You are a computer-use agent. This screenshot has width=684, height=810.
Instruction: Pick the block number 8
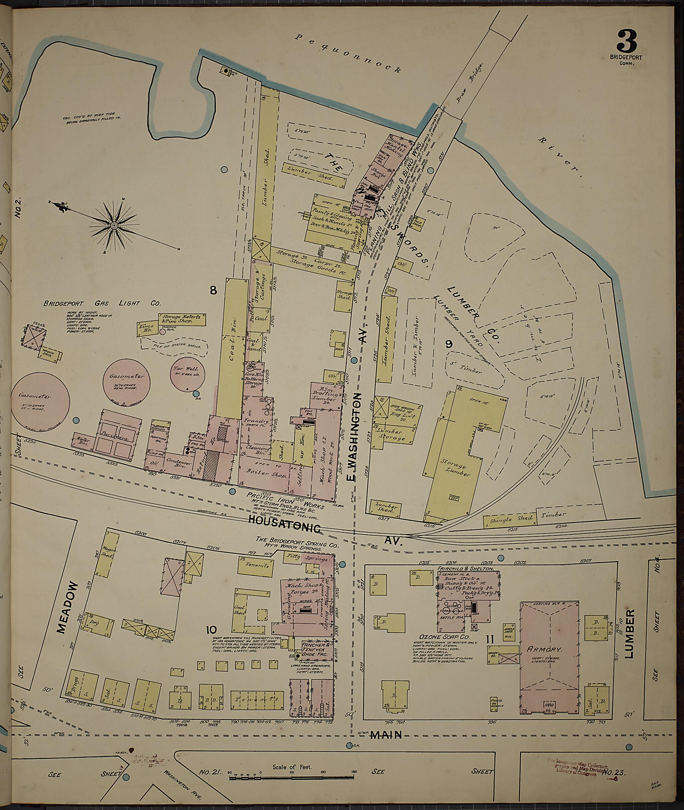coord(213,290)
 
